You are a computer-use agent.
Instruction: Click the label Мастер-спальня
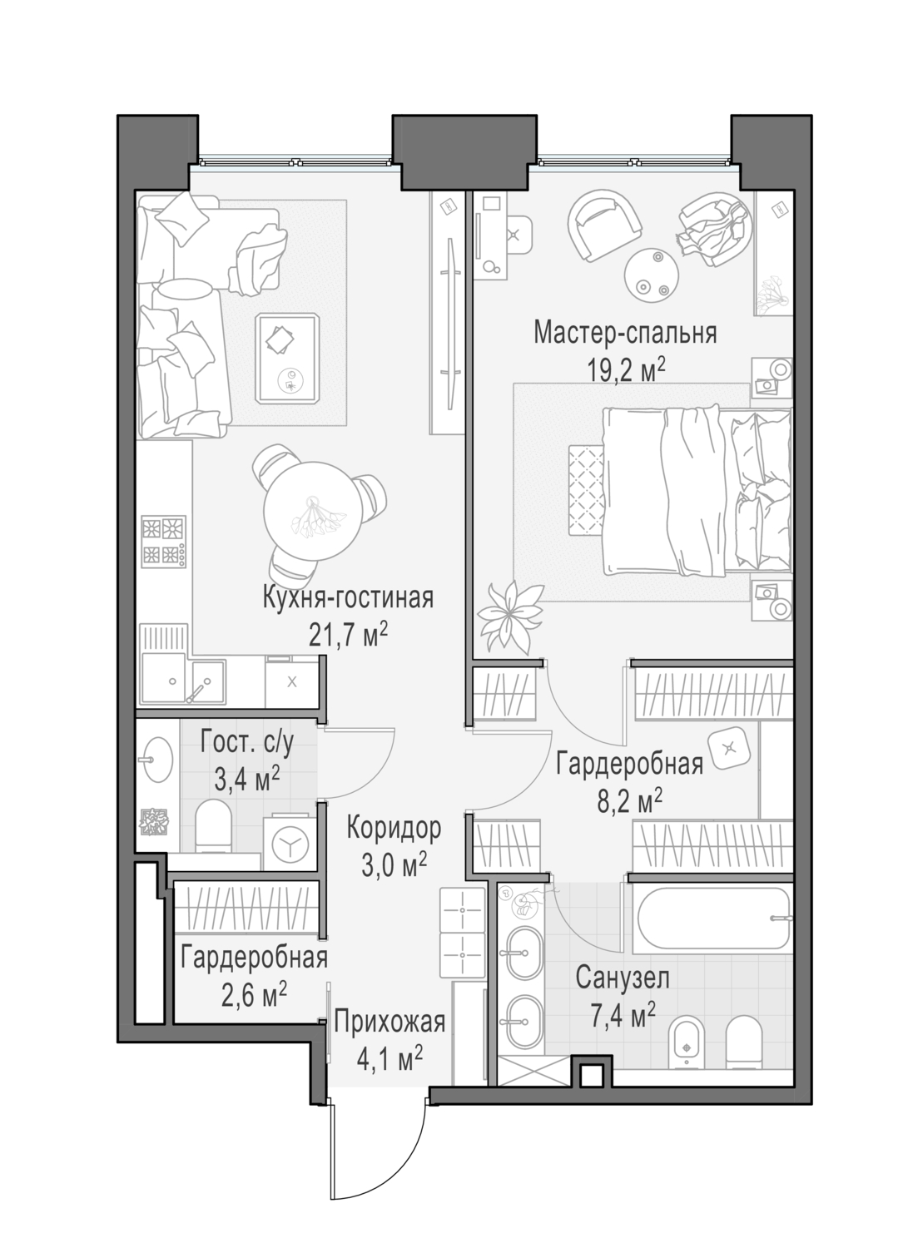625,333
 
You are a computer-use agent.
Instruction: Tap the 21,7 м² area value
349,635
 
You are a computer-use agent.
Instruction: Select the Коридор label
394,828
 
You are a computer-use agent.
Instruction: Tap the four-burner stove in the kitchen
164,542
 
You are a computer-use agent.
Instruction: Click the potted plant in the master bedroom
508,617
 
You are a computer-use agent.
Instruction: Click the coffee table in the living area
288,359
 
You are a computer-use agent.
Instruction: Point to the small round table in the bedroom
652,275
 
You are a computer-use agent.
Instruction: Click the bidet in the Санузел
686,1041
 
